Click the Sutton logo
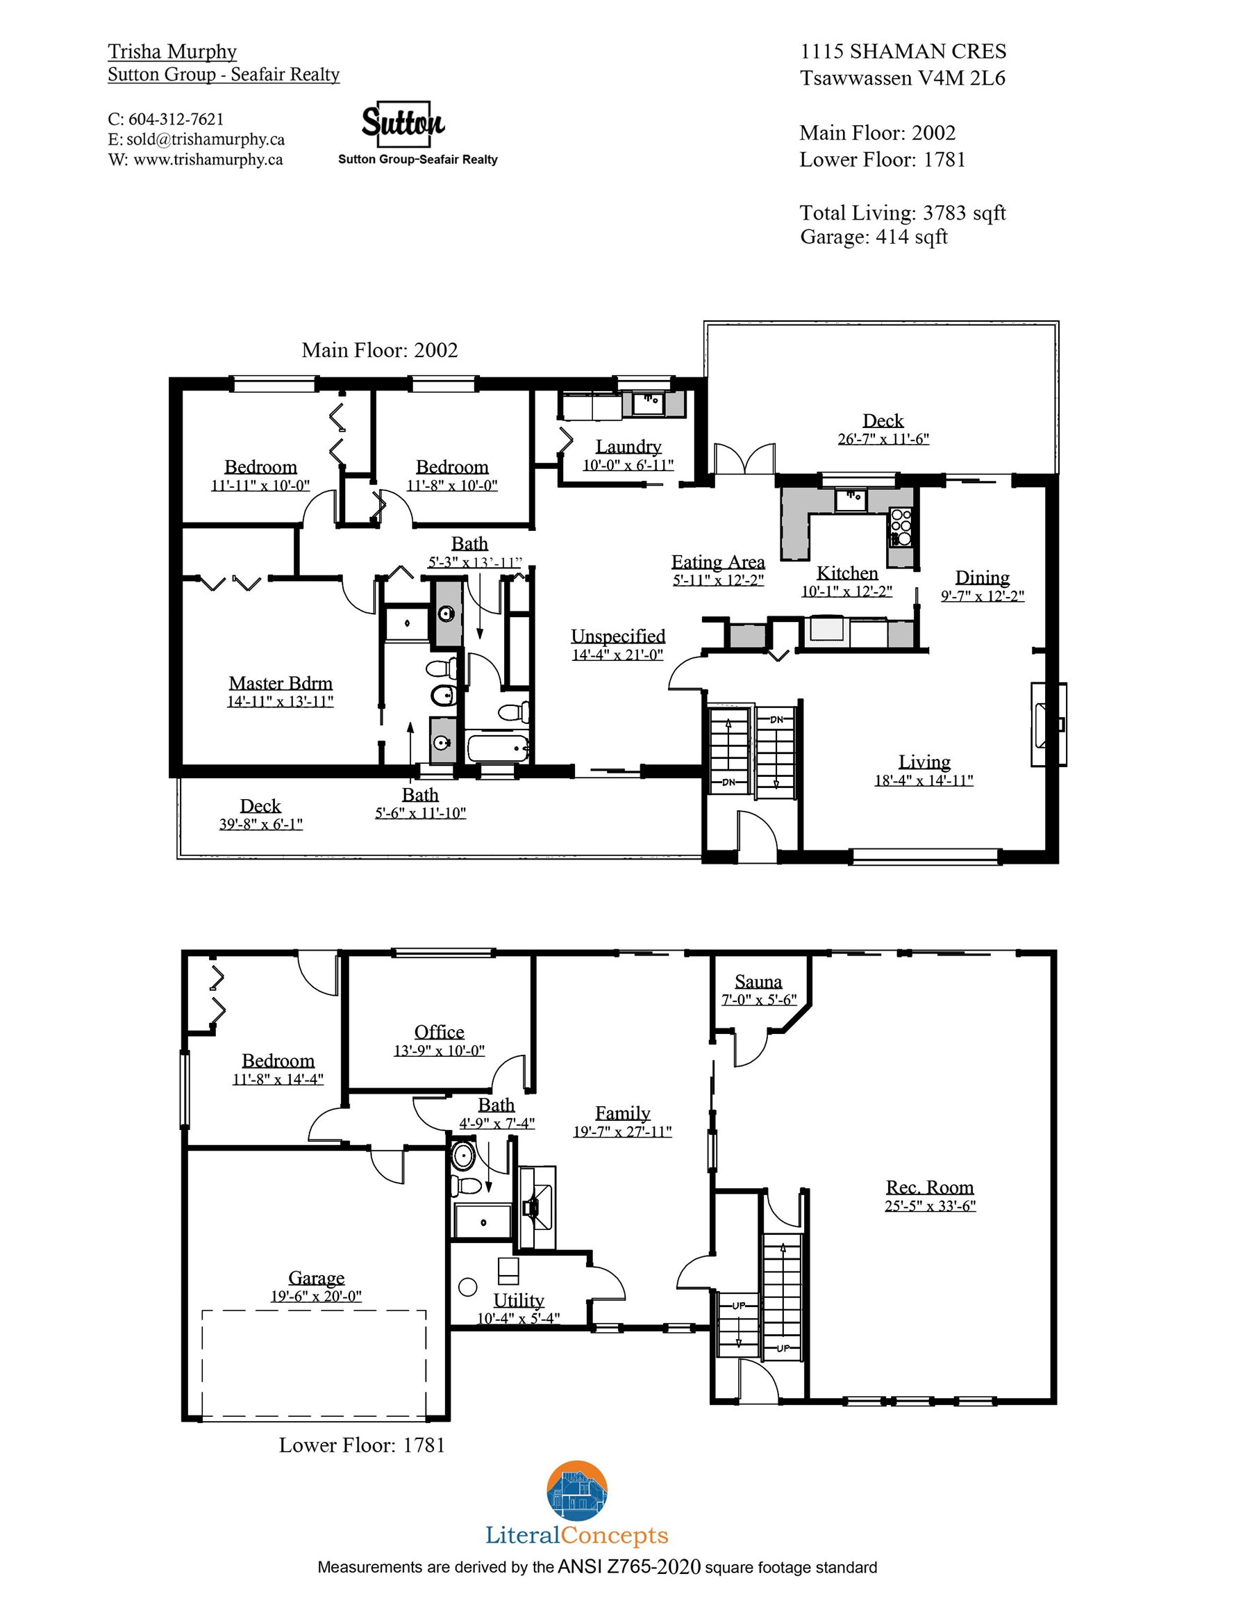tap(403, 124)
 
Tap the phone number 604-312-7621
tap(176, 120)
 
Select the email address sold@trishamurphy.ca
tap(206, 139)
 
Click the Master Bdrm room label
tap(281, 683)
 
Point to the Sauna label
tap(758, 982)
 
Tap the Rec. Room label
tap(930, 1187)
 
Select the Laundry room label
tap(628, 446)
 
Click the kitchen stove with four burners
tap(901, 527)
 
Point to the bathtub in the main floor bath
tap(498, 748)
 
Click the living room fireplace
tap(1049, 724)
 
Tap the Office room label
tap(439, 1032)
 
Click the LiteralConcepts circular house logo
tap(577, 1492)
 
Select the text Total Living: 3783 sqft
tap(903, 213)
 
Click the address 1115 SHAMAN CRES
tap(903, 51)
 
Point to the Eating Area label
tap(718, 562)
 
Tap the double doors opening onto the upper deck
tap(745, 459)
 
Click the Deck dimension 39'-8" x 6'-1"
tap(261, 824)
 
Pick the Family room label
tap(623, 1113)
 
